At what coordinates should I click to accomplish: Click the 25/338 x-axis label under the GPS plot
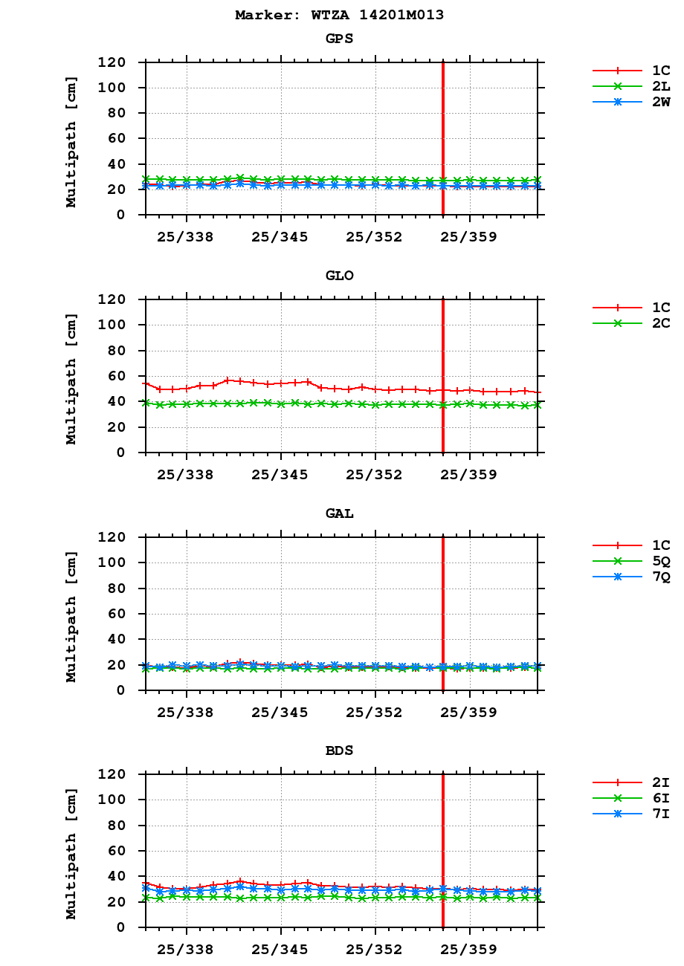[x=186, y=237]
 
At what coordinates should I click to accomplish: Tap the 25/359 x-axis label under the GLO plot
[x=469, y=475]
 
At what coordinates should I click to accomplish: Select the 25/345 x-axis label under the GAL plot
[x=280, y=712]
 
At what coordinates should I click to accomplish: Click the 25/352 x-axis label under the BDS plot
[x=375, y=950]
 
